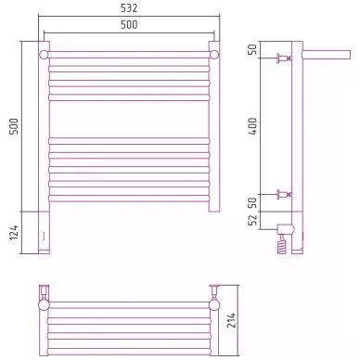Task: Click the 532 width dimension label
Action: point(129,8)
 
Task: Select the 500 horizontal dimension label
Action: point(129,25)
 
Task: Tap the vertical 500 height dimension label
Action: point(14,126)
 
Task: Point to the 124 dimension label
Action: point(14,233)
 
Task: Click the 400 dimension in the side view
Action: point(252,126)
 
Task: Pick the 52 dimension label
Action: point(252,220)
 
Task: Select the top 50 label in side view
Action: point(252,50)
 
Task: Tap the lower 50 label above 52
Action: point(252,202)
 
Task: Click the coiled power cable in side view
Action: point(281,245)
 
